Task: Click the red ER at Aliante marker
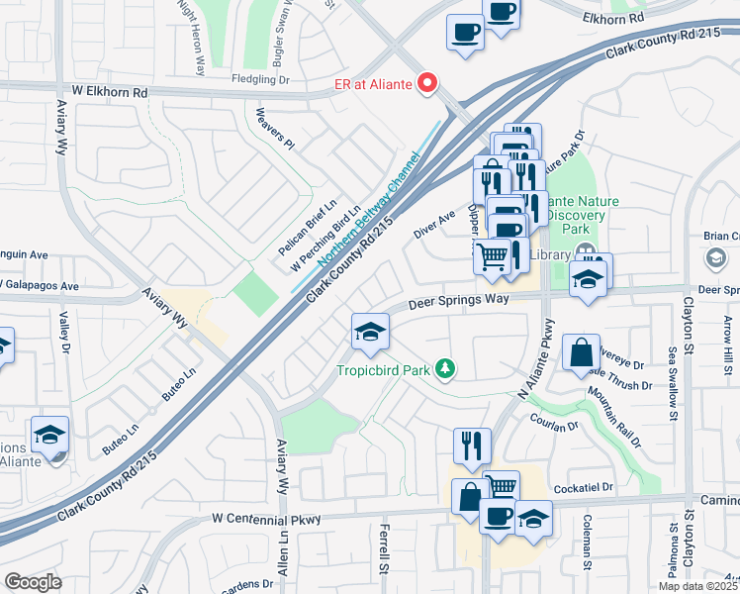428,83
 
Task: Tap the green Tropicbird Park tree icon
447,369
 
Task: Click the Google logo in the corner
33,582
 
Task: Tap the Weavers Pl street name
275,129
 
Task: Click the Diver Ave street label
434,219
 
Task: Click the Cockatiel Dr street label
585,488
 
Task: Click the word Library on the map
549,254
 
